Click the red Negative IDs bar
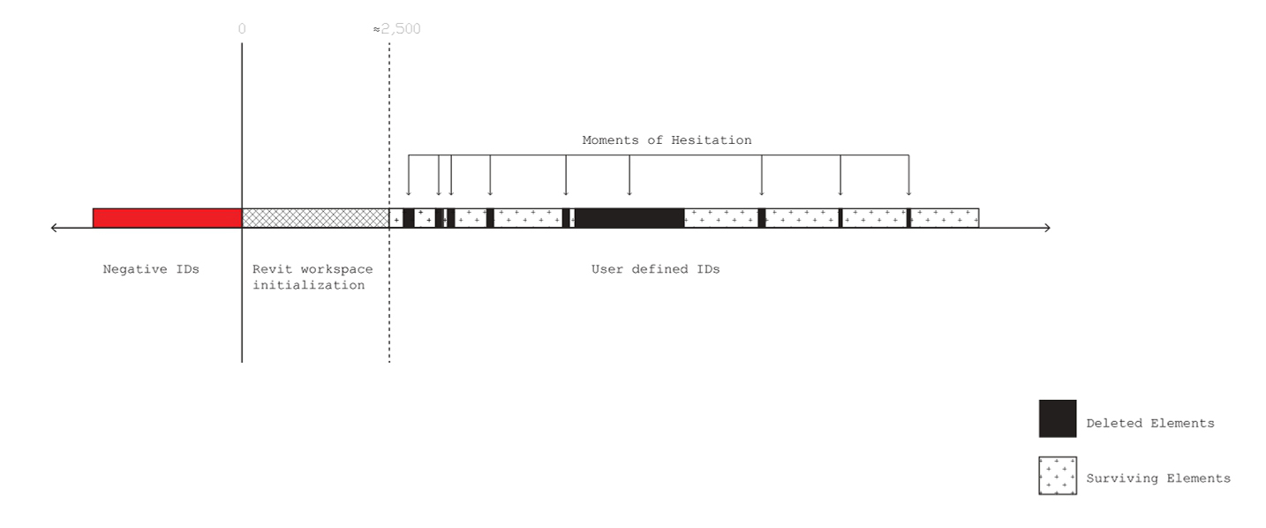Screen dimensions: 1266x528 coord(167,217)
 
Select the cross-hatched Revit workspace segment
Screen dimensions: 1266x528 coord(315,217)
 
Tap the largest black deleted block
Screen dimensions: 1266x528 coord(629,217)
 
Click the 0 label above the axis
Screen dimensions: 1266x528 coord(242,29)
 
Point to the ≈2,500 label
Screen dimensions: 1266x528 coord(396,29)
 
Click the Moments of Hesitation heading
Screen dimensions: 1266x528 coord(667,140)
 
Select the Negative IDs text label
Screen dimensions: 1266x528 coord(151,269)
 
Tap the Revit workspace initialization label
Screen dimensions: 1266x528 coord(313,277)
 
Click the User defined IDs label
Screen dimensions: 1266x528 coord(656,269)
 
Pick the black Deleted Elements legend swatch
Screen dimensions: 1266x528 coord(1058,419)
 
